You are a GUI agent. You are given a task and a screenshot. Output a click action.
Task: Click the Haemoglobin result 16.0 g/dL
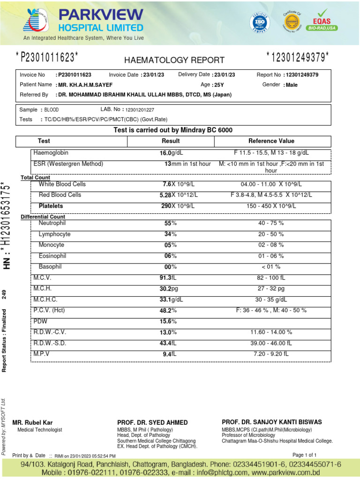pos(171,153)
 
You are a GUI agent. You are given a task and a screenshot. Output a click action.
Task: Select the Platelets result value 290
pos(165,206)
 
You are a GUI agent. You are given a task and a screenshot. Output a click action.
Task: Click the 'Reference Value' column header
pos(271,141)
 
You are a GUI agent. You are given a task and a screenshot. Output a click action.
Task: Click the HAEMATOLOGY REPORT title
pos(174,60)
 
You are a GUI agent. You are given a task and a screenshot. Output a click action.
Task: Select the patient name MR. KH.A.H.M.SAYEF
pos(85,85)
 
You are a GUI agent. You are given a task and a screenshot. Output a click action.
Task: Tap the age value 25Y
pos(219,85)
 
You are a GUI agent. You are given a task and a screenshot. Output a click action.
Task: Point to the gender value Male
pos(291,85)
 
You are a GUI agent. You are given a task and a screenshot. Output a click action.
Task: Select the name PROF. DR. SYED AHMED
pos(152,423)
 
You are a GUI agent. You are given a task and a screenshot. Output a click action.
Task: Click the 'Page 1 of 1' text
pos(305,455)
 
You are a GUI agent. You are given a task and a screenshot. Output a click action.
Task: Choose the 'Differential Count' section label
pos(43,217)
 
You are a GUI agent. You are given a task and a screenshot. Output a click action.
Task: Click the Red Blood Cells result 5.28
pos(165,195)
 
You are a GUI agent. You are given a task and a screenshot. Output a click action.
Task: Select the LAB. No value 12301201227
pos(140,110)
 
